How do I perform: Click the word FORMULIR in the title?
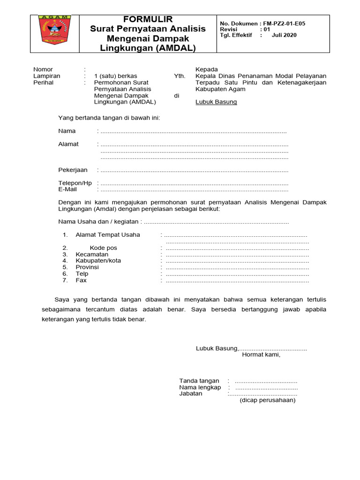(x=148, y=19)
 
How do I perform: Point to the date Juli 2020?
(x=284, y=35)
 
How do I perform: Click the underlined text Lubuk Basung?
(x=216, y=102)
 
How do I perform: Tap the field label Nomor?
(x=43, y=69)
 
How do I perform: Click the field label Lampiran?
(x=46, y=76)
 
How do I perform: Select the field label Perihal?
(x=44, y=82)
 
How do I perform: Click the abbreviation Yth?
(x=180, y=76)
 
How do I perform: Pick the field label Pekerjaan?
(x=73, y=170)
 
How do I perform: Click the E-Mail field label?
(x=67, y=189)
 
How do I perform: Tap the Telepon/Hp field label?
(x=75, y=183)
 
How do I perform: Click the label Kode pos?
(x=103, y=247)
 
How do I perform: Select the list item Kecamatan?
(x=92, y=254)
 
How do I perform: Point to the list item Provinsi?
(x=87, y=267)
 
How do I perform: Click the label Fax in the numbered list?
(x=81, y=280)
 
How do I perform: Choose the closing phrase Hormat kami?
(x=261, y=354)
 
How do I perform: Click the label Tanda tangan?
(x=199, y=381)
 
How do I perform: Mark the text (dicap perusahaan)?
(x=268, y=400)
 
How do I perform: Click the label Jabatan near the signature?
(x=191, y=394)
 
